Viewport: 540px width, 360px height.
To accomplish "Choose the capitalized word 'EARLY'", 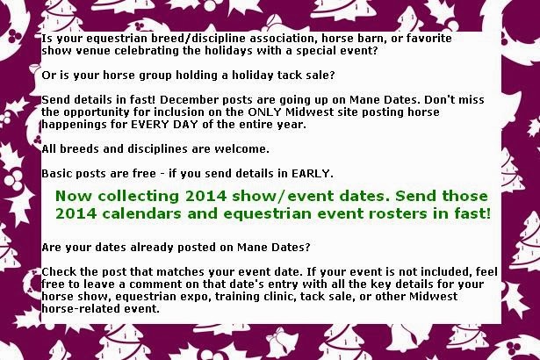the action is (x=312, y=174).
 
